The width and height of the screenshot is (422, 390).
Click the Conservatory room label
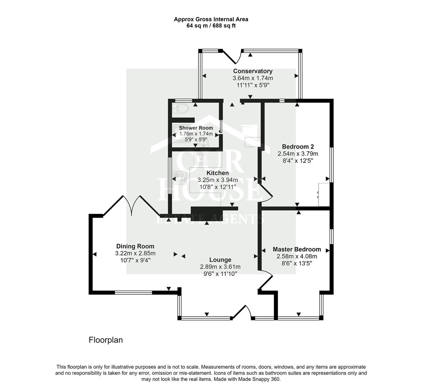253,71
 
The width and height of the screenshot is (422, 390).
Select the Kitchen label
218,173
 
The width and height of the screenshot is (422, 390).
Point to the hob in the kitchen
179,177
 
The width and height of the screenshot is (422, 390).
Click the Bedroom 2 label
298,147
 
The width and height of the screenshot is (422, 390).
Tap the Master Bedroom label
297,249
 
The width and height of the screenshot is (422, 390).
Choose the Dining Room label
135,246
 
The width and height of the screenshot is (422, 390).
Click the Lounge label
220,260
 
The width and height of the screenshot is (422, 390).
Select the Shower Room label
196,128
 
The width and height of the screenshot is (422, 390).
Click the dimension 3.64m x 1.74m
253,78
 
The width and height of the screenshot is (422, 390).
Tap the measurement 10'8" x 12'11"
218,187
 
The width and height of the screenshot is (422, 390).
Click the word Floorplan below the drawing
106,340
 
